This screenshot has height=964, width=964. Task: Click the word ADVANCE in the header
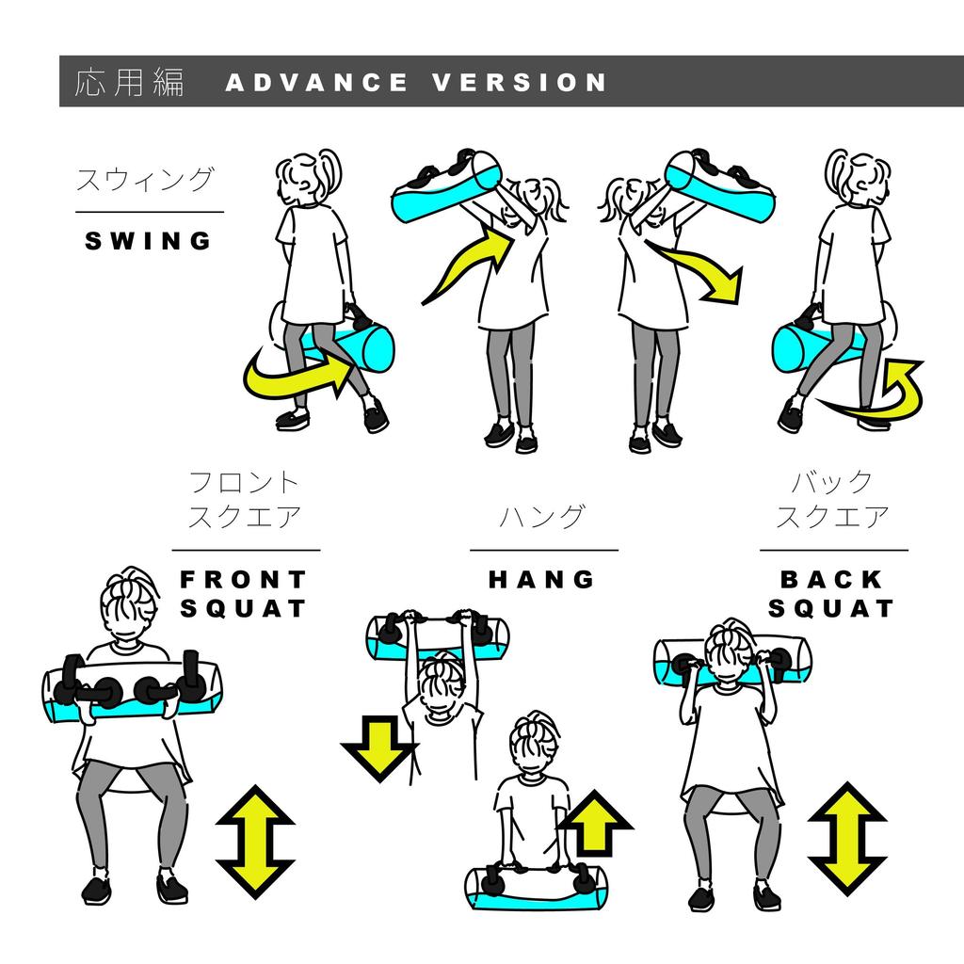316,82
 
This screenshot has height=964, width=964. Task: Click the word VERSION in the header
520,82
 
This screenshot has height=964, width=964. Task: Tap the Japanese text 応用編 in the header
129,82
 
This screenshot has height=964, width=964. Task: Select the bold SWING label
148,240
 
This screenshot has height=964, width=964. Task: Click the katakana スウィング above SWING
145,180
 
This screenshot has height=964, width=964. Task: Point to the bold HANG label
541,579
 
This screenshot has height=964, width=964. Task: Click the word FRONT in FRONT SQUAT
244,579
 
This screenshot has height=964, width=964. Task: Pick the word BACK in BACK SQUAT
831,579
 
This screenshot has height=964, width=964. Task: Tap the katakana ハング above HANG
541,517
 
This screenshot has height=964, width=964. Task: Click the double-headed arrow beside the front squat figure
255,842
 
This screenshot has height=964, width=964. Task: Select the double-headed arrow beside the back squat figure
847,839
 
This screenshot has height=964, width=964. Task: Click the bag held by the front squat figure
132,688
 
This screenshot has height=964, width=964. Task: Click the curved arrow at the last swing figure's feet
879,394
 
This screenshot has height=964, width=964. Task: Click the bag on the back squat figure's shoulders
731,662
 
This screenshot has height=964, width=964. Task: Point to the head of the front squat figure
129,602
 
